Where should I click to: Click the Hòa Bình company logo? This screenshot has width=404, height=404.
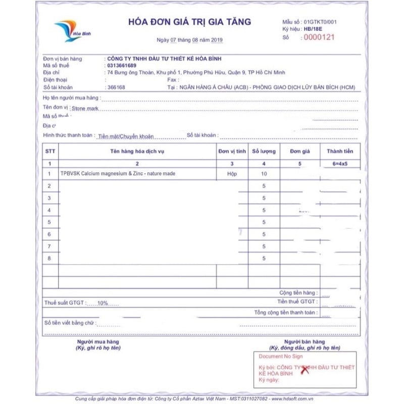tap(69, 30)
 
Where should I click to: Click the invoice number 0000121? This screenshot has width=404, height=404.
tap(319, 37)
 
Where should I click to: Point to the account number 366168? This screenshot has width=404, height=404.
tap(116, 87)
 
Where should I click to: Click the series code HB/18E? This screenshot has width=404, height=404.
tap(313, 29)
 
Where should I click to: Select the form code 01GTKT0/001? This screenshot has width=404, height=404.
tap(320, 22)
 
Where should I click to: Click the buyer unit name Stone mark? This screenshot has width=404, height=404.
tap(85, 108)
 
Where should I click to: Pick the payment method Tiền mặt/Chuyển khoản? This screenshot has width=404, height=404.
tap(126, 136)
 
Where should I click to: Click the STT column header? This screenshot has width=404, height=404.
tap(50, 151)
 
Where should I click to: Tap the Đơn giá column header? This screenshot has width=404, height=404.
tap(299, 151)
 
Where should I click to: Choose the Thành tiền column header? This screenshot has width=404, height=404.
tap(340, 151)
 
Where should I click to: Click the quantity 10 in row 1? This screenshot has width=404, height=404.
tap(264, 174)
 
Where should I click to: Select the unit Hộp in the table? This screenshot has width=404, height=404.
tap(232, 174)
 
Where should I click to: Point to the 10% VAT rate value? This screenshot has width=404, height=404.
tap(103, 303)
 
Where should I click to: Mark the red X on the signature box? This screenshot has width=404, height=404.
tap(305, 370)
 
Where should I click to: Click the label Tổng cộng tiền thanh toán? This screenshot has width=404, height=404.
tap(286, 313)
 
